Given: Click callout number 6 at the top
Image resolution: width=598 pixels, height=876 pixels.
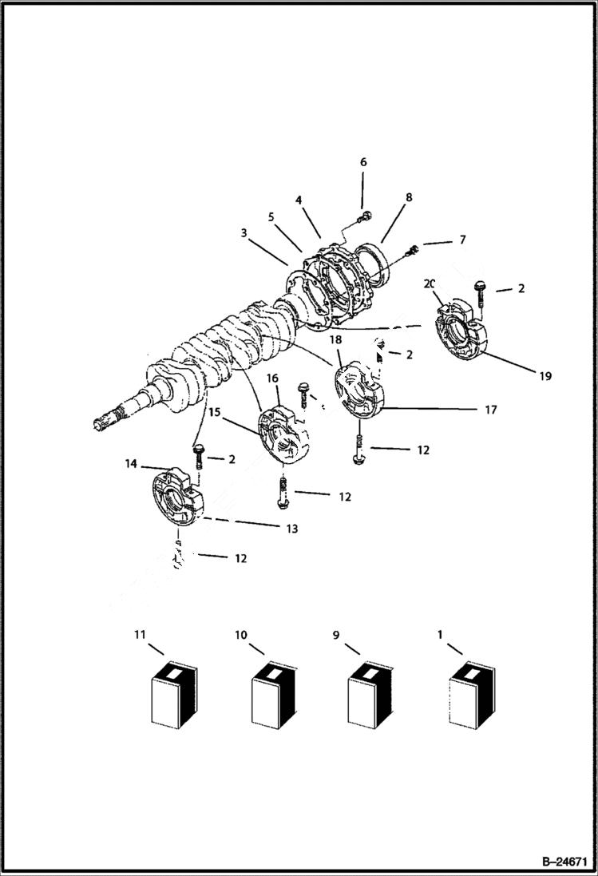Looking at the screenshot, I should (x=363, y=162).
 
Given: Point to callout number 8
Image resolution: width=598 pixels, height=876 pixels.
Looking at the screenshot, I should (x=409, y=196).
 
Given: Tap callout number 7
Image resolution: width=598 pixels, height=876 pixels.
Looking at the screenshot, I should (x=462, y=240).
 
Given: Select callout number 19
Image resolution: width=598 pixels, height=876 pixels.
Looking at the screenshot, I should (x=545, y=375).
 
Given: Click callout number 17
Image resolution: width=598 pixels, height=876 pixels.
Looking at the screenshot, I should (x=490, y=410).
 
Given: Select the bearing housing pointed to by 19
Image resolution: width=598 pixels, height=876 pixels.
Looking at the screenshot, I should (x=459, y=331).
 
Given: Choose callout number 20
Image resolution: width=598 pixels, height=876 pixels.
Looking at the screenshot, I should (x=430, y=283).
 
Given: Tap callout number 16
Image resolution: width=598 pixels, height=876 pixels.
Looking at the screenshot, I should (x=271, y=379).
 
